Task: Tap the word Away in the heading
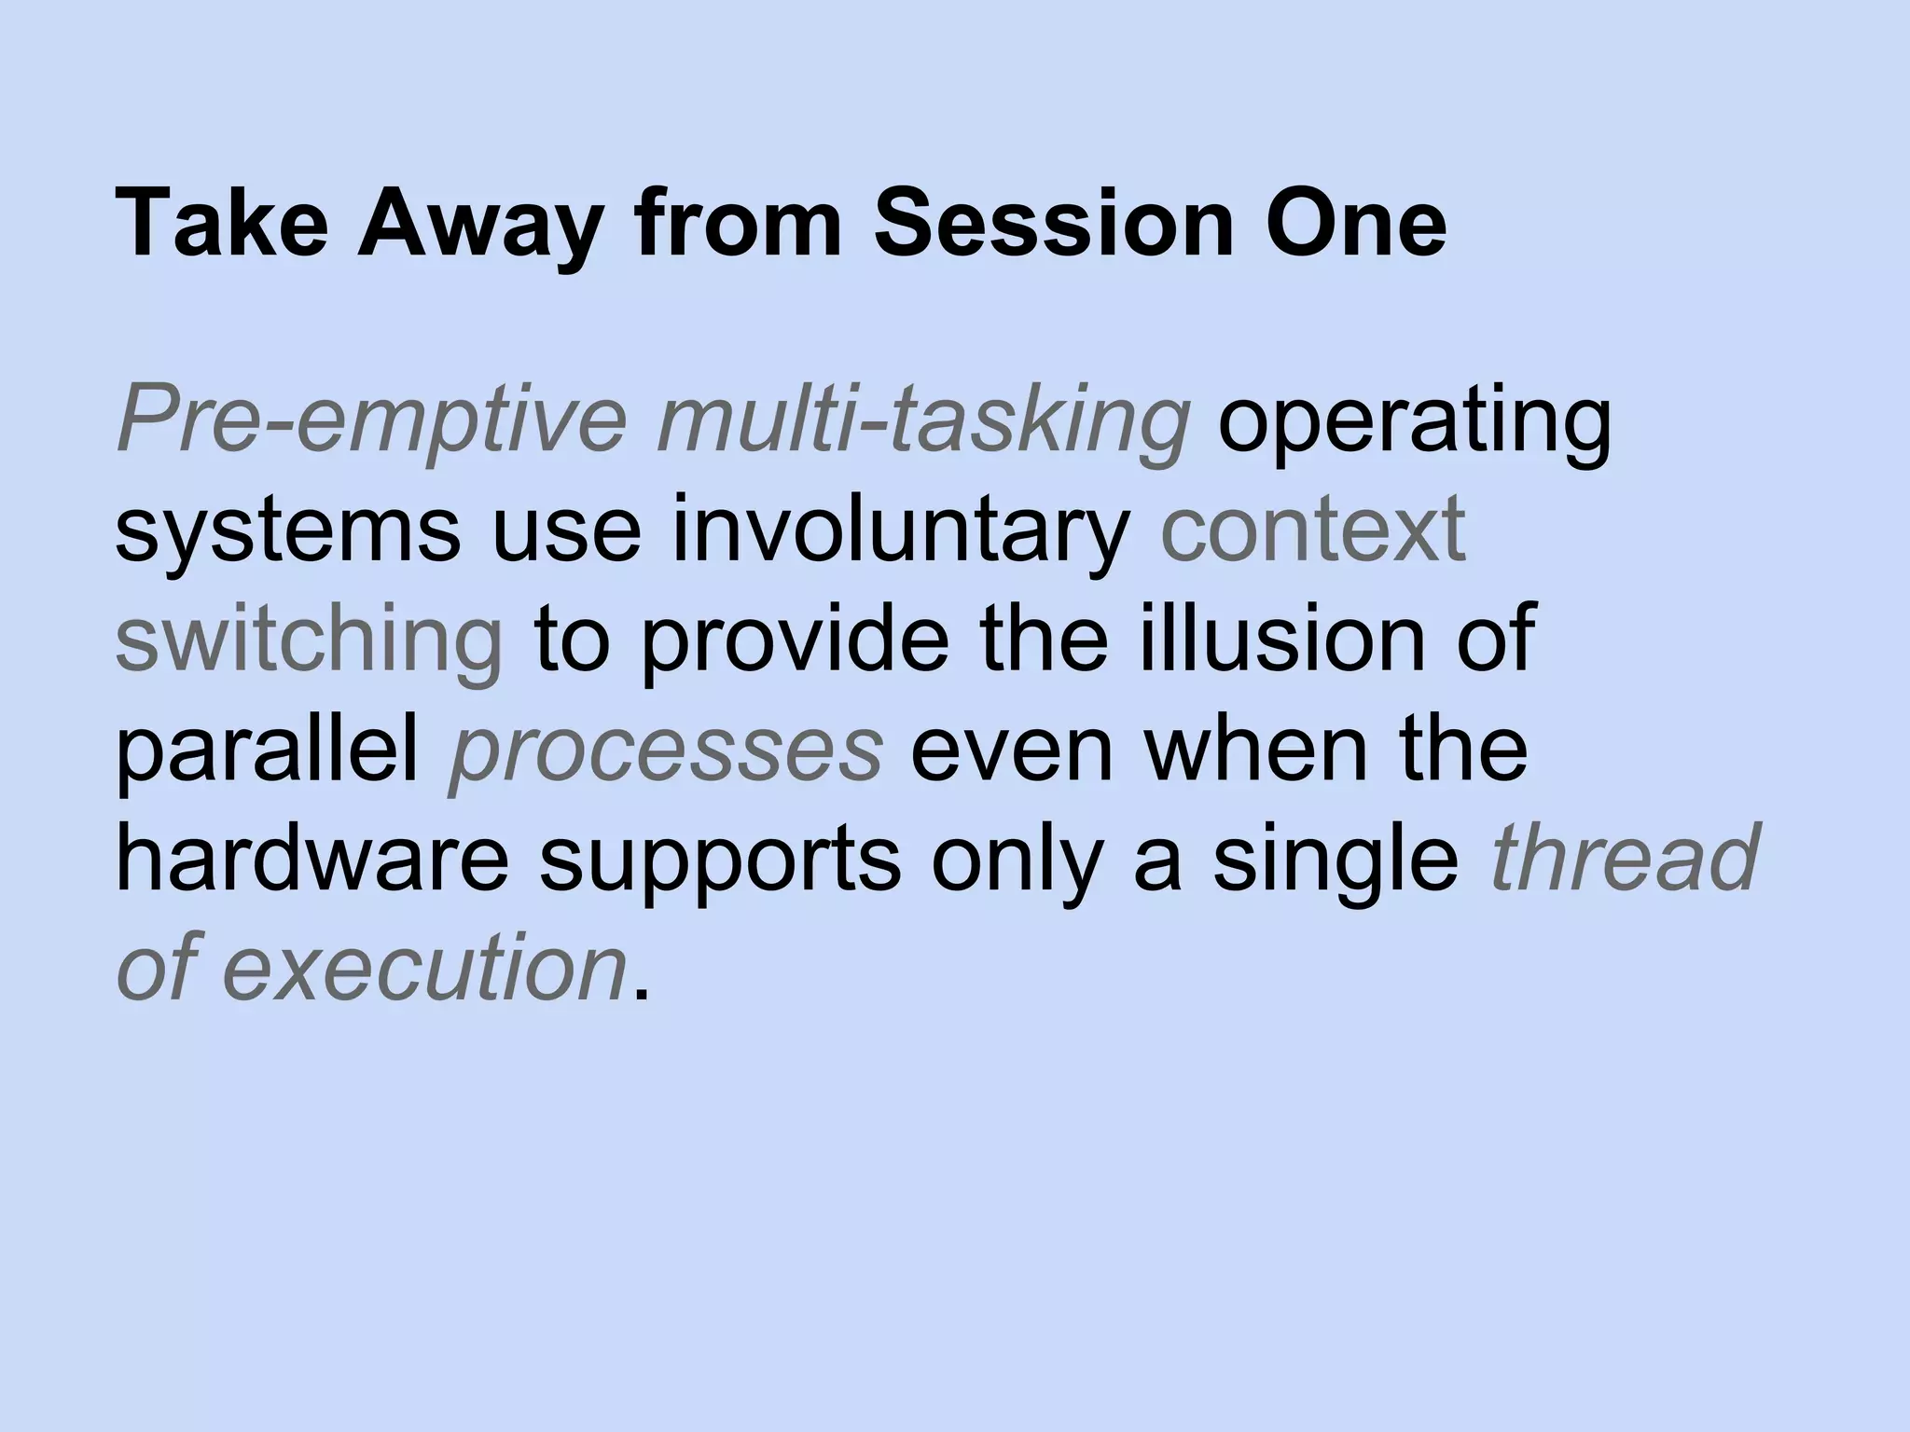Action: (x=477, y=225)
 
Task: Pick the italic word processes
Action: (x=666, y=751)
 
